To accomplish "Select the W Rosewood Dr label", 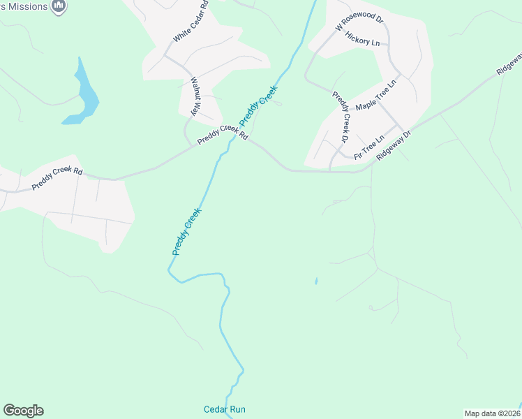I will tap(359, 21).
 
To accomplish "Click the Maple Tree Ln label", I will tap(375, 96).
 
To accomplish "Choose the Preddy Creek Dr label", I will tap(340, 117).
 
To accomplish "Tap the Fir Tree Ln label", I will tap(369, 147).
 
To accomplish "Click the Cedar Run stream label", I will tap(224, 409).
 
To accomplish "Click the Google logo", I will tap(23, 411).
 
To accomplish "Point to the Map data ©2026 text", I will tap(492, 413).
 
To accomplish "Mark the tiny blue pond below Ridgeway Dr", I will tap(316, 281).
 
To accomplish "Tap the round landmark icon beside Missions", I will tap(59, 6).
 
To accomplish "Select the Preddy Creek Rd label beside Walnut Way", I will tap(222, 134).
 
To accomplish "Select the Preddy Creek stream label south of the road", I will tap(186, 231).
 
